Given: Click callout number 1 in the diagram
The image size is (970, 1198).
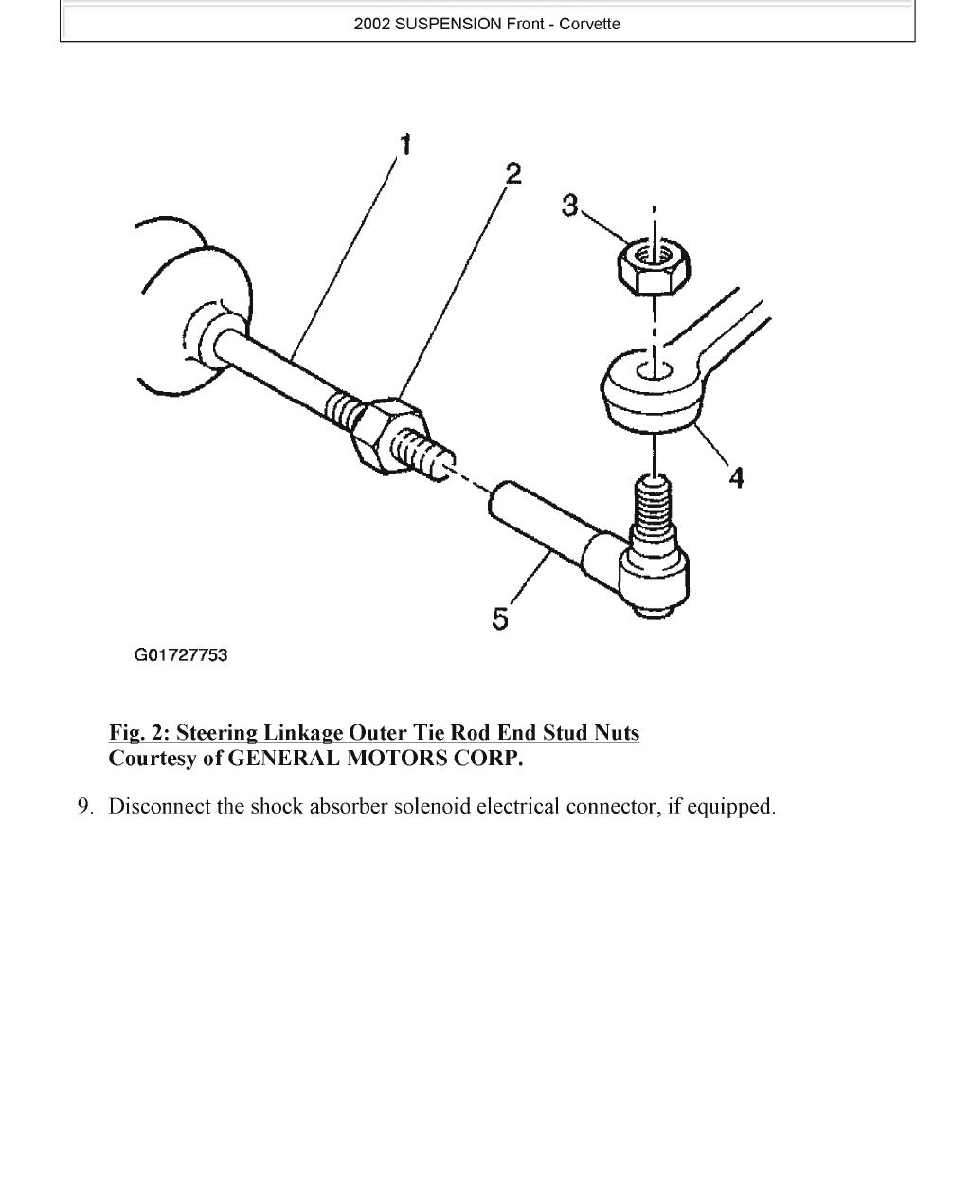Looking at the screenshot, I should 405,145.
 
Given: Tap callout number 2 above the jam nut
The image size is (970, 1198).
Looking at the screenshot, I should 512,173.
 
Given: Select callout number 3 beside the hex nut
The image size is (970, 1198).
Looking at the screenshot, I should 569,206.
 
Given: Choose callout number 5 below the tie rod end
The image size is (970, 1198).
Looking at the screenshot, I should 500,618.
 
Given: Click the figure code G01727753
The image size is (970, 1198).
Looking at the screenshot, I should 181,655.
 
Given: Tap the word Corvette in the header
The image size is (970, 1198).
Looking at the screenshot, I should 589,25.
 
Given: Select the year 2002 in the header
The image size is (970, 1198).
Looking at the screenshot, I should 371,25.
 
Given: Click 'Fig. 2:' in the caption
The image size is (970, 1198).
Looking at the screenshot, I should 140,733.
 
